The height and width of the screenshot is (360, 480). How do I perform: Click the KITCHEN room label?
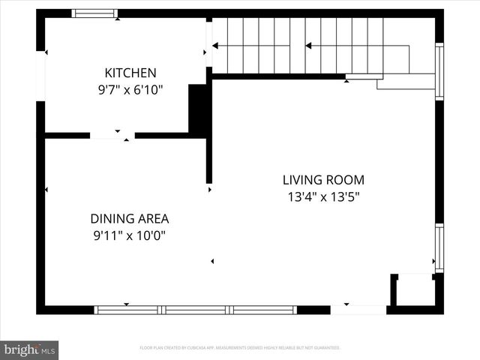click(130, 73)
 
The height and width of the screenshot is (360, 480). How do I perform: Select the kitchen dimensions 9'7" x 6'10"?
click(130, 89)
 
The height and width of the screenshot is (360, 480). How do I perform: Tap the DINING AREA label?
click(129, 219)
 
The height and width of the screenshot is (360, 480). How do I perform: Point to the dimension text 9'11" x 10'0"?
click(129, 235)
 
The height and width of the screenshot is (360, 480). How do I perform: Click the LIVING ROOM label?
click(322, 180)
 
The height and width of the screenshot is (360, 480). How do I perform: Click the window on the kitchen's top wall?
click(94, 13)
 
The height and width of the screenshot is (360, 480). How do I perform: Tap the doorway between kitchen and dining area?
click(112, 136)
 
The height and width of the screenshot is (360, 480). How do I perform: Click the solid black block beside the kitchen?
click(199, 109)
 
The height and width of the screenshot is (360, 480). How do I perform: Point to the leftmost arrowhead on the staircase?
click(215, 46)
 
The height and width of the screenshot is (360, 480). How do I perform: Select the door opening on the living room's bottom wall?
click(358, 310)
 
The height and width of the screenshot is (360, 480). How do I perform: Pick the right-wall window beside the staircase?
click(439, 71)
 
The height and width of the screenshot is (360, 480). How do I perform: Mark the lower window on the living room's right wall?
click(439, 247)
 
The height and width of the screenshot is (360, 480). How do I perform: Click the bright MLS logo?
click(29, 349)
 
